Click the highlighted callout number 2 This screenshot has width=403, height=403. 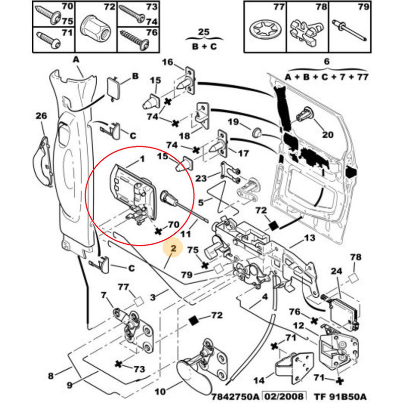(x=173, y=248)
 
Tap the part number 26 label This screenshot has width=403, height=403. (x=41, y=116)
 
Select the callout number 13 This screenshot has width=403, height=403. (x=309, y=237)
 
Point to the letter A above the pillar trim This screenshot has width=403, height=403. (x=77, y=60)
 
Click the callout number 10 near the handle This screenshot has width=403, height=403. (x=160, y=391)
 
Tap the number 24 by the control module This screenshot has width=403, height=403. (x=336, y=271)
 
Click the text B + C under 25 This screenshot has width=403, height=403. (x=204, y=46)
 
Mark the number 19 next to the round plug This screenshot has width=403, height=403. (x=232, y=121)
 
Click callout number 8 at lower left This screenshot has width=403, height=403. (x=50, y=375)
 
